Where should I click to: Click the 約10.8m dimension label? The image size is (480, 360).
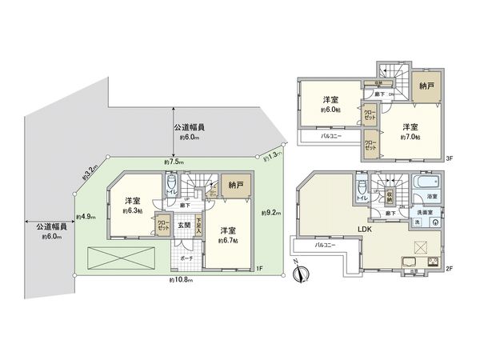pyautogui.click(x=181, y=281)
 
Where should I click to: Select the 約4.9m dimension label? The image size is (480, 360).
pyautogui.click(x=85, y=216)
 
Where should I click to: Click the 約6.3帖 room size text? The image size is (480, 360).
pyautogui.click(x=132, y=212)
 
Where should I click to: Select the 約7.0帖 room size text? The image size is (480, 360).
pyautogui.click(x=410, y=136)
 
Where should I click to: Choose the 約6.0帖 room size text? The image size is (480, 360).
pyautogui.click(x=330, y=109)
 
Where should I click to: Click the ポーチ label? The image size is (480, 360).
pyautogui.click(x=186, y=259)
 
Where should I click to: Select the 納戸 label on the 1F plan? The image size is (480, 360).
pyautogui.click(x=232, y=186)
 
